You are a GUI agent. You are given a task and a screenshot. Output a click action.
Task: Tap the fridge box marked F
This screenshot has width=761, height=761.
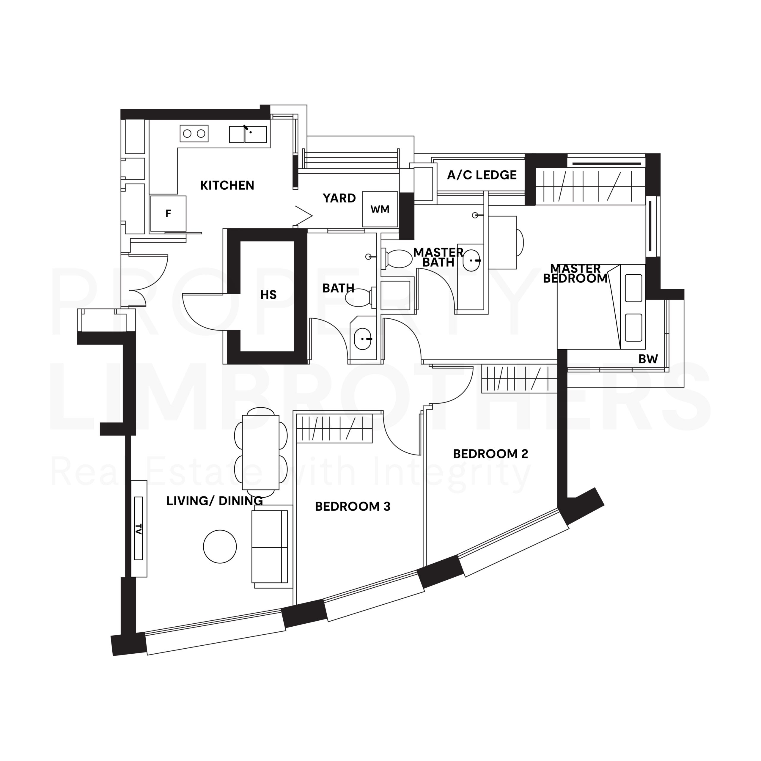click(x=168, y=213)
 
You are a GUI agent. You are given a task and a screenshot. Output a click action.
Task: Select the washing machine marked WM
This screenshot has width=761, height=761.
click(x=380, y=209)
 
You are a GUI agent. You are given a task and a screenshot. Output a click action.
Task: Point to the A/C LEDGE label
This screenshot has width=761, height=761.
click(x=482, y=175)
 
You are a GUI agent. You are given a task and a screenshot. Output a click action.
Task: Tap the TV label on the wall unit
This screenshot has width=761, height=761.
click(x=138, y=529)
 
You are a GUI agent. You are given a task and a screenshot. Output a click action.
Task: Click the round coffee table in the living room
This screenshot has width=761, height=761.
click(x=220, y=546)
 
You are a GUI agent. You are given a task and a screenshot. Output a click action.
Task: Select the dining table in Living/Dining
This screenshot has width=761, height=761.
click(x=260, y=452)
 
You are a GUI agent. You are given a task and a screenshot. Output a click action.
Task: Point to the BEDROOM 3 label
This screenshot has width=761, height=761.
click(x=353, y=506)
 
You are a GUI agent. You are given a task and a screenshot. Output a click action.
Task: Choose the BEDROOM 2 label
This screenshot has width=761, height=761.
click(x=490, y=454)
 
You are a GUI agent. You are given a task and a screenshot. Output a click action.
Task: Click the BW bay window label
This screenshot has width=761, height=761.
click(x=648, y=359)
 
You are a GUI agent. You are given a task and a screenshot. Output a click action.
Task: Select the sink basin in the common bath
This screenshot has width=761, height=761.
click(x=363, y=339)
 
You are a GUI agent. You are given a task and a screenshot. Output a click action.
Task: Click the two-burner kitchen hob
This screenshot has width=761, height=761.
click(x=194, y=133)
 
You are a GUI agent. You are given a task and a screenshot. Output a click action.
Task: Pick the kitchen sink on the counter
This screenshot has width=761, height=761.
click(x=248, y=134)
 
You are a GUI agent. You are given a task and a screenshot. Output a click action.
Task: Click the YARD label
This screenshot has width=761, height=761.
click(x=339, y=198)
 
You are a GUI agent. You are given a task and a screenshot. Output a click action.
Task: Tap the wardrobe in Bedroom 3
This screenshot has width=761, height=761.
click(x=334, y=428)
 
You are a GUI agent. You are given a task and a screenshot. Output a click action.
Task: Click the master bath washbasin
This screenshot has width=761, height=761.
click(x=471, y=260)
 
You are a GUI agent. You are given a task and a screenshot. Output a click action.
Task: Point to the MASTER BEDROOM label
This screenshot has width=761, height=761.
click(x=576, y=273)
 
